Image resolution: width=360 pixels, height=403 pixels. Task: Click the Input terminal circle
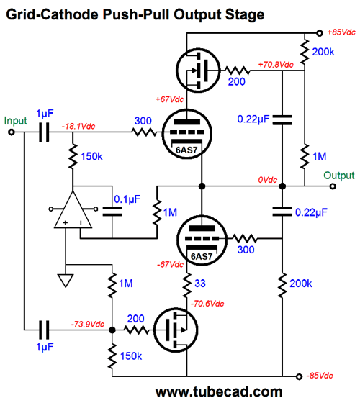click(12, 132)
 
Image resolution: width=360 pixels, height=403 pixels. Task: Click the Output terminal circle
click(333, 186)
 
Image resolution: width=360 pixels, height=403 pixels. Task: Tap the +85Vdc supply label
click(341, 32)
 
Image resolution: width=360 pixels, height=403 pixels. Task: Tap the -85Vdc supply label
click(320, 376)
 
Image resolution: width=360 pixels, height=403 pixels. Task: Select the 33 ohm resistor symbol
click(187, 285)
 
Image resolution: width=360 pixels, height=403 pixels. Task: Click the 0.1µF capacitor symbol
click(112, 212)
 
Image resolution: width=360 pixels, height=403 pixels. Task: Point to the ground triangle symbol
click(66, 281)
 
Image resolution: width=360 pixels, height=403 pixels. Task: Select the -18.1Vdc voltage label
click(78, 126)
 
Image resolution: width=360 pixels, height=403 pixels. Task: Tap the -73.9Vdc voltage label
click(88, 324)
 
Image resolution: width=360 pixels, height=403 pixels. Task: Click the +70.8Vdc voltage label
click(276, 65)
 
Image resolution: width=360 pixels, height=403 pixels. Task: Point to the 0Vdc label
click(267, 180)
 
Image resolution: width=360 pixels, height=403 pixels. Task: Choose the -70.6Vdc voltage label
click(207, 304)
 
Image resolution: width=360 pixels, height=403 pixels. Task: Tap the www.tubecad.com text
click(219, 392)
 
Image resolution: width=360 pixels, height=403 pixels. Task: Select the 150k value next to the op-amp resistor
click(91, 156)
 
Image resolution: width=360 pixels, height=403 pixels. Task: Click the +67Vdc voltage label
click(170, 99)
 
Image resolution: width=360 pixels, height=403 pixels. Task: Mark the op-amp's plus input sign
click(66, 222)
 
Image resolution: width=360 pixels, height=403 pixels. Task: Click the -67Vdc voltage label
click(170, 265)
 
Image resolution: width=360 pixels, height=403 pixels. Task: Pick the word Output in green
click(339, 176)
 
